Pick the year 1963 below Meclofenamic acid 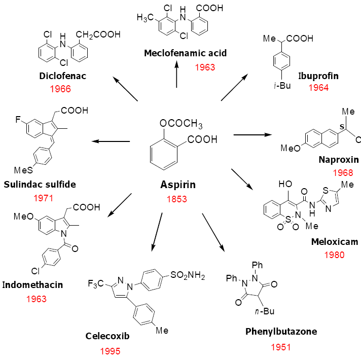pyautogui.click(x=204, y=66)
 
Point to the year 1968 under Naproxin pyautogui.click(x=342, y=172)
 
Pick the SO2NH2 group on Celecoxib pyautogui.click(x=188, y=276)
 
